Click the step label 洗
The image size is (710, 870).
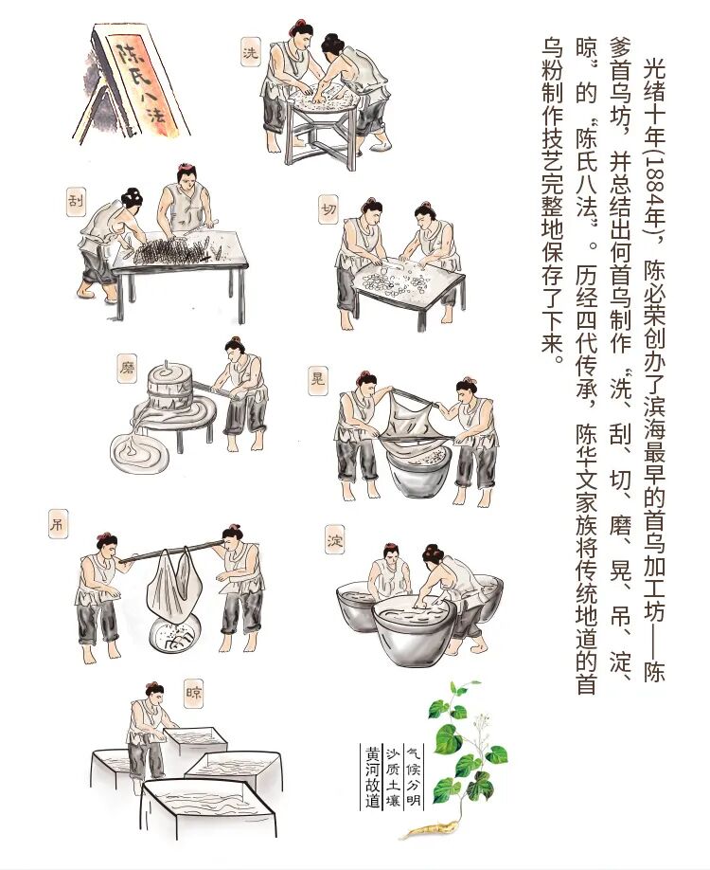[x=251, y=52]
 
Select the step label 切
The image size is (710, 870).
[x=328, y=209]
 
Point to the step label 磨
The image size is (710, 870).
[x=127, y=369]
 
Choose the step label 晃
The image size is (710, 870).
[x=318, y=381]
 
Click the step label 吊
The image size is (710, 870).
[x=58, y=524]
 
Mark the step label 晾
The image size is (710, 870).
[x=193, y=694]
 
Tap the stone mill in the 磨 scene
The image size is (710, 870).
[x=169, y=389]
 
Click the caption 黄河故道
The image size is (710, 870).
[x=372, y=777]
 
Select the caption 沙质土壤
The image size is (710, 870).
[x=393, y=777]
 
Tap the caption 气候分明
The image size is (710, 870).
[x=414, y=777]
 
